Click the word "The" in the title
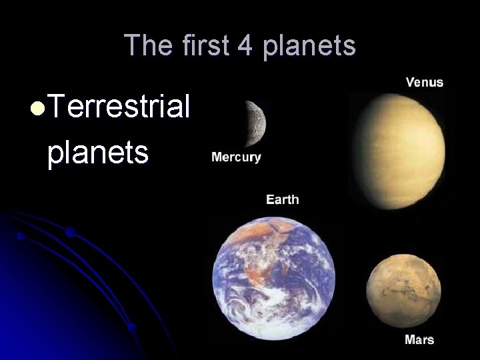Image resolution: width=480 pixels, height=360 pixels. (x=145, y=45)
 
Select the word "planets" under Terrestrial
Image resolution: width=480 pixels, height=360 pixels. (x=97, y=152)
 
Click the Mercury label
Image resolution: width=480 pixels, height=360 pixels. (x=236, y=158)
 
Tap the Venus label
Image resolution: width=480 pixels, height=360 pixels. (x=424, y=83)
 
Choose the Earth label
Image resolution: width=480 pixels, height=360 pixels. (x=283, y=199)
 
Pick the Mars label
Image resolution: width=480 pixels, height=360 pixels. (x=419, y=339)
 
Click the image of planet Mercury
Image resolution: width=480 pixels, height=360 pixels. (x=254, y=123)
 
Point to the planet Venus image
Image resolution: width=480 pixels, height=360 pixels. (x=398, y=150)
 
